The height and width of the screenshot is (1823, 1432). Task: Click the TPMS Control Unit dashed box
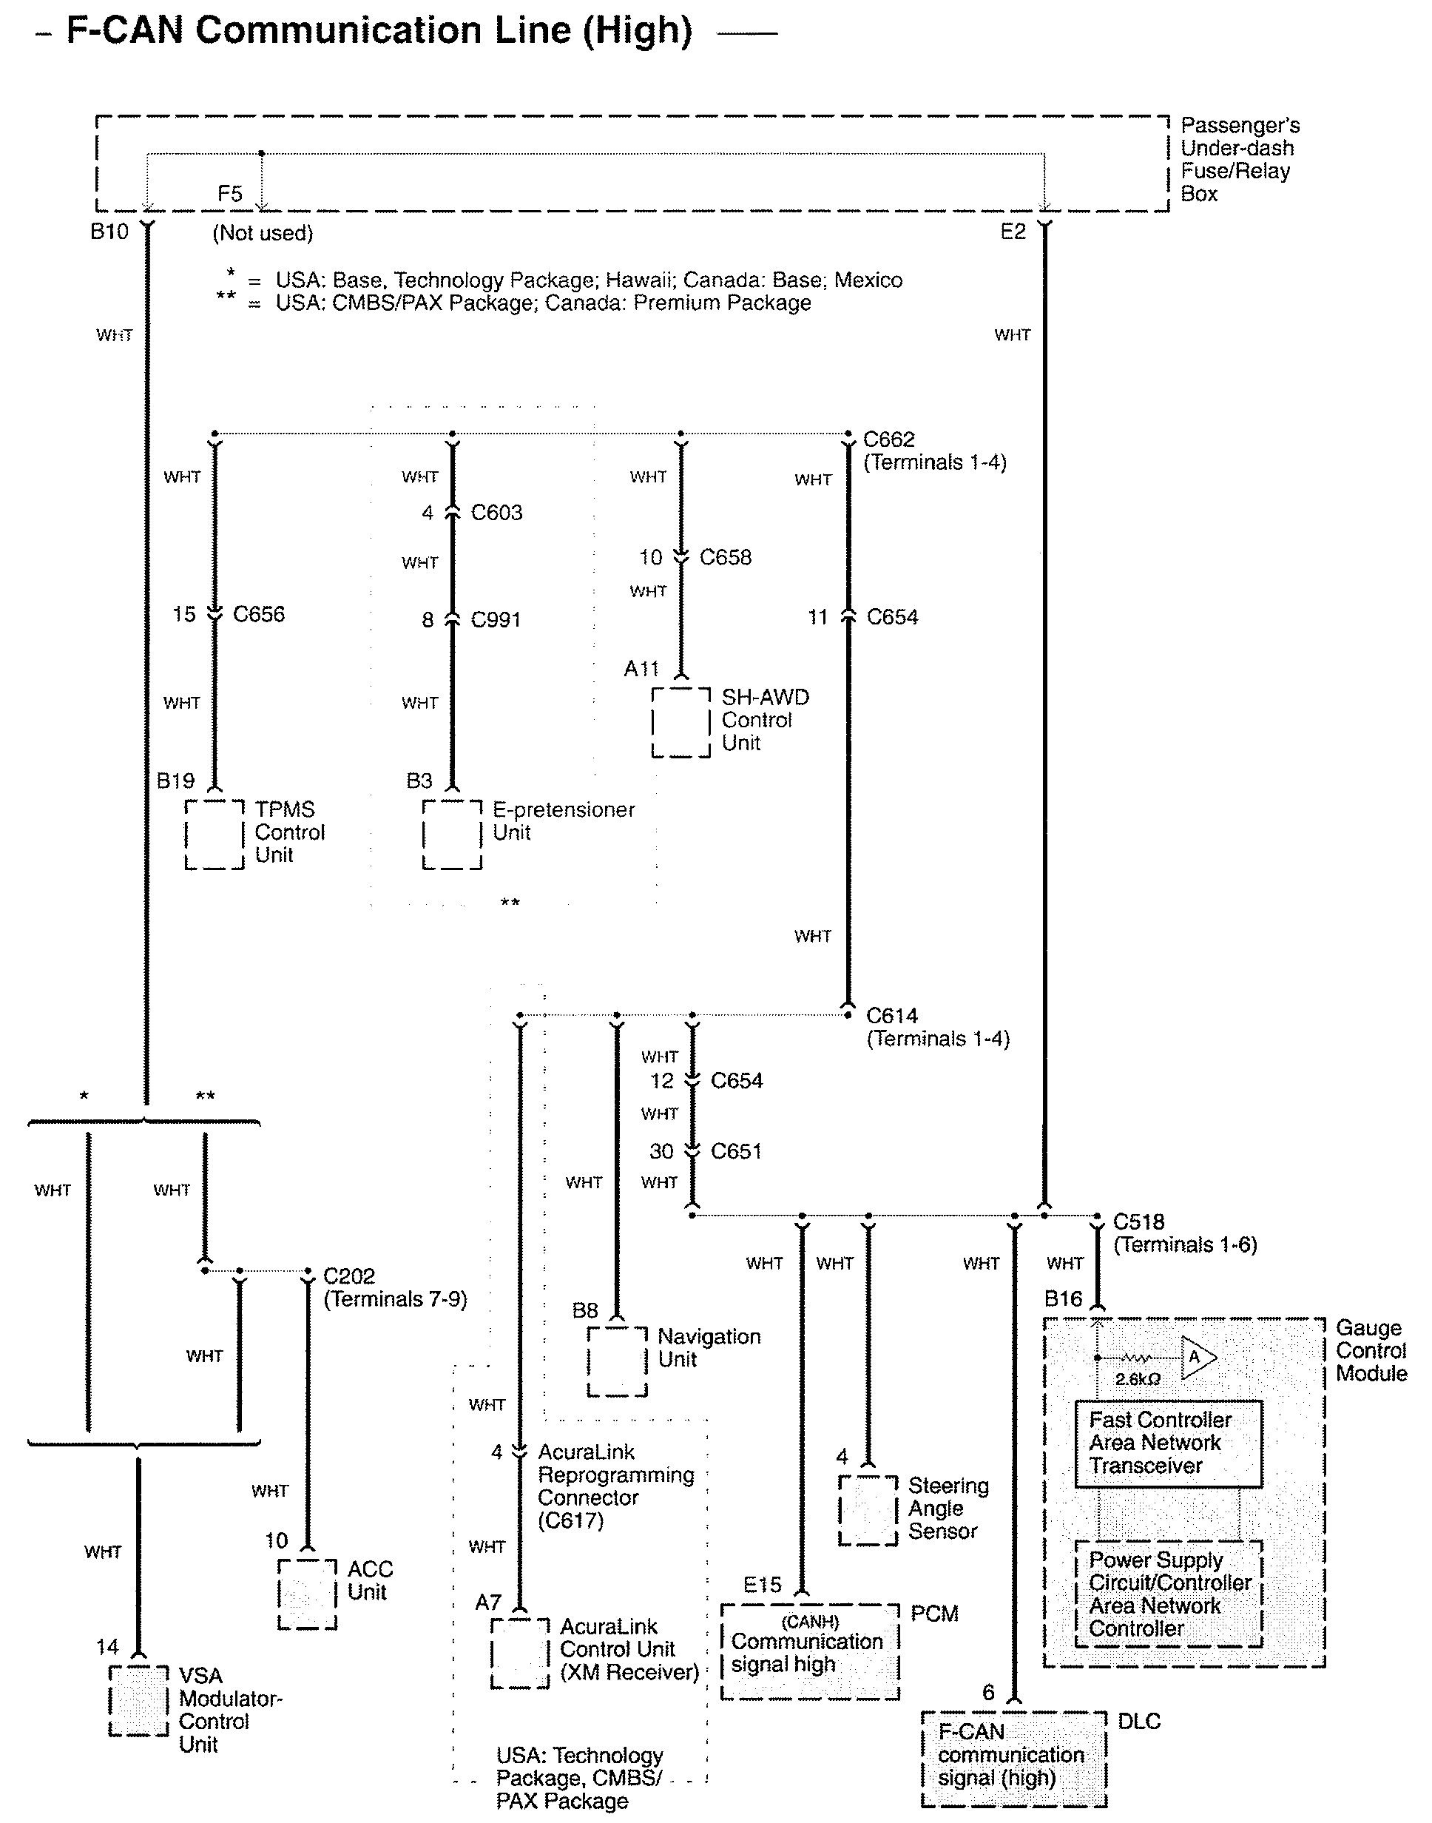[215, 835]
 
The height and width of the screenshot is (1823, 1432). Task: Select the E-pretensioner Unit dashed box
[452, 835]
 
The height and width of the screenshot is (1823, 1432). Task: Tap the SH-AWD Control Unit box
[680, 722]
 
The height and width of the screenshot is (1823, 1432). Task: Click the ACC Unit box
[307, 1594]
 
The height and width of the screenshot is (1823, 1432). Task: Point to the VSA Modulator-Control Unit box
[138, 1701]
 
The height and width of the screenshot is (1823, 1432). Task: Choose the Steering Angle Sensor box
[868, 1510]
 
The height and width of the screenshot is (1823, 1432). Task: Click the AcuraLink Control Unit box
[520, 1653]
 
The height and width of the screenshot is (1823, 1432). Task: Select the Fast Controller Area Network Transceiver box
[1168, 1443]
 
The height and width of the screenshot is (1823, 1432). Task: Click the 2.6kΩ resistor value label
[1137, 1379]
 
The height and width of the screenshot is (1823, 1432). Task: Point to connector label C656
[258, 615]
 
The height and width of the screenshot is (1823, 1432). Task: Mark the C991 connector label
[496, 620]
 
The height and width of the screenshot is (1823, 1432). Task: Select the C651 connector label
[736, 1151]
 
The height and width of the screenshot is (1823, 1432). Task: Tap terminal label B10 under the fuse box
[109, 232]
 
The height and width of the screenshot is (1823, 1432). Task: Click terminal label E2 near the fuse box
[1013, 232]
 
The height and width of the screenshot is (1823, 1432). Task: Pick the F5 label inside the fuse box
[230, 195]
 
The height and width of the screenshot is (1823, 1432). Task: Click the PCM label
[934, 1614]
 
